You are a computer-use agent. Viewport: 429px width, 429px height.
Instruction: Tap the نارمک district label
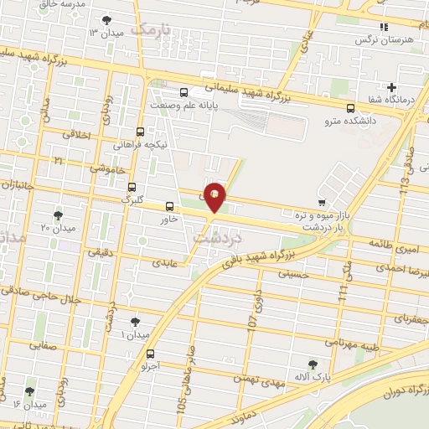coord(156,31)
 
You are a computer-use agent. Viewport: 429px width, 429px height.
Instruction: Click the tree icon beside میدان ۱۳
coord(106,20)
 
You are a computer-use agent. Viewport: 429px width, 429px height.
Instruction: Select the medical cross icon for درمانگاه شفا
coord(391,87)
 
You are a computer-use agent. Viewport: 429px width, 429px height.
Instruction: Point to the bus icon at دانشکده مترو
coord(350,107)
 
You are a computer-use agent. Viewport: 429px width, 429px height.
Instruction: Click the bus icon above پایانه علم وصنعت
coord(183,92)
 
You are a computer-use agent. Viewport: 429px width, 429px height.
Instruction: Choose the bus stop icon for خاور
coord(169,205)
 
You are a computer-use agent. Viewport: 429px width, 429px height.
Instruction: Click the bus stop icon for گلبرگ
coord(132,188)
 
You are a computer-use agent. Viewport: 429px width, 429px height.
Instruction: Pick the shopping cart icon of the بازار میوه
coord(322,202)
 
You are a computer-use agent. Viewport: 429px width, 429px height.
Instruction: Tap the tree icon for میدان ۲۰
coord(58,214)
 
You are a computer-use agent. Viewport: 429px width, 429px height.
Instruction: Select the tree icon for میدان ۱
coord(136,321)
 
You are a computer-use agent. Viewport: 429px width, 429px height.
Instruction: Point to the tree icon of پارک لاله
coord(313,364)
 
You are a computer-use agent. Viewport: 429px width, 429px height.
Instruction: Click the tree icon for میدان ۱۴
coord(30,391)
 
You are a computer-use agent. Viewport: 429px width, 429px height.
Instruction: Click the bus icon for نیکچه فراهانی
coord(140,132)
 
